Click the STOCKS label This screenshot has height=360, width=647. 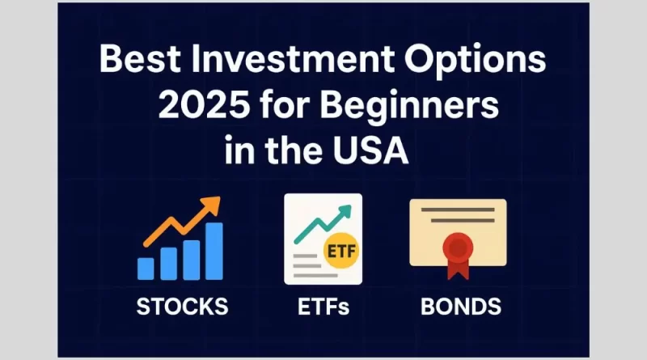pos(182,307)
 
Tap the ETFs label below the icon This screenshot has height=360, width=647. pos(323,307)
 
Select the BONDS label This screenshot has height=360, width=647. pos(460,307)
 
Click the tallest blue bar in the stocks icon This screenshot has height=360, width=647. pos(214,251)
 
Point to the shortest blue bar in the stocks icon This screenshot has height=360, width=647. pos(146,269)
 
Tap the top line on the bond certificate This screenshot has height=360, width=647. pos(458,210)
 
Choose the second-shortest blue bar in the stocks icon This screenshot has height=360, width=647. pos(168,263)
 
